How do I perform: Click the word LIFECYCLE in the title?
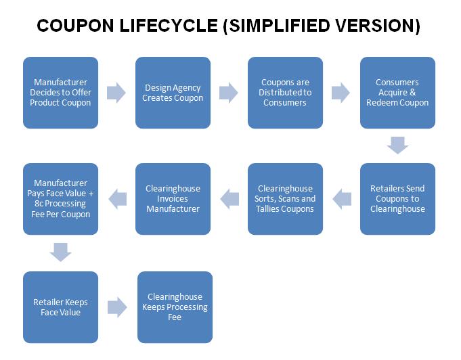(169, 26)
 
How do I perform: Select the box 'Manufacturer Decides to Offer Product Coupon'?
(60, 93)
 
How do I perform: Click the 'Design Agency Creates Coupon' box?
(173, 93)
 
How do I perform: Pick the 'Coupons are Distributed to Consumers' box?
(285, 93)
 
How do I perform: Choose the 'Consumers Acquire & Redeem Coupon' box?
(397, 93)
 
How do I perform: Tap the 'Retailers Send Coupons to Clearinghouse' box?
(397, 199)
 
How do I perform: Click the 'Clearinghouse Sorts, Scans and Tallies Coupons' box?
(285, 199)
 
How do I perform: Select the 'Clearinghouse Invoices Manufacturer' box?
(173, 199)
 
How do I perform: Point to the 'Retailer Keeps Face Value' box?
(60, 307)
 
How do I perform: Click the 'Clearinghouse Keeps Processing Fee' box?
(175, 307)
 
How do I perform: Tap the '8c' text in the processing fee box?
(39, 204)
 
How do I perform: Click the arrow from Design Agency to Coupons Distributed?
(228, 93)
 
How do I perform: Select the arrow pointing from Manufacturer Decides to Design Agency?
(116, 93)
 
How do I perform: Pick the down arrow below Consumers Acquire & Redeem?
(397, 145)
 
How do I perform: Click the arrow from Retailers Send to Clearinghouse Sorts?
(342, 199)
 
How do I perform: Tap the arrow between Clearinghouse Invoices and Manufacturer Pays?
(118, 199)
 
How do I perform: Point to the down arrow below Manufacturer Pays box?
(60, 252)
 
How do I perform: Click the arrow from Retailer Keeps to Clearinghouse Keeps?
(117, 307)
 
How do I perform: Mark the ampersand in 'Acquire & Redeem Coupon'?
(413, 92)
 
